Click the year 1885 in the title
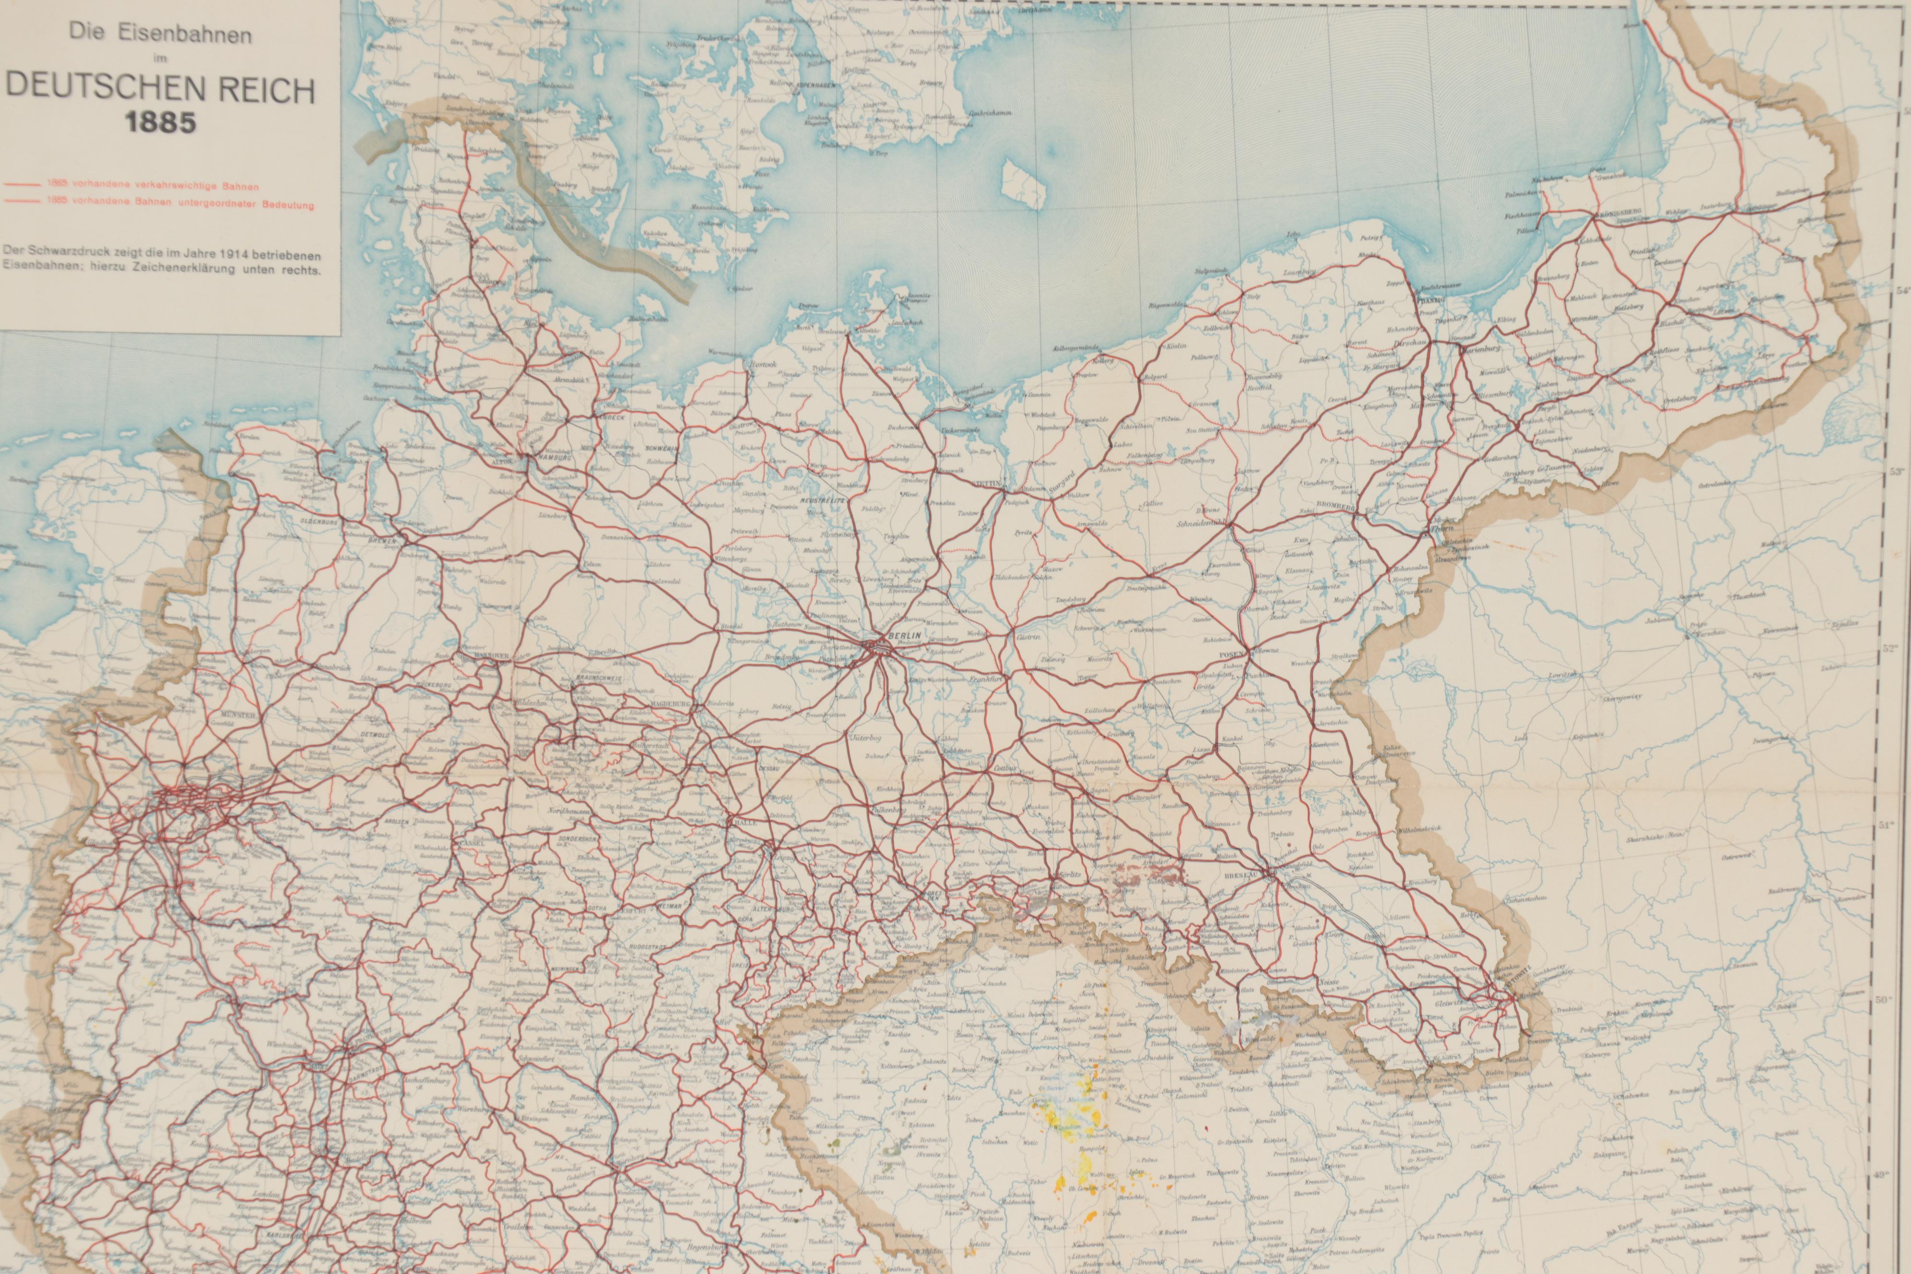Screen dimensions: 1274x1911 tap(161, 123)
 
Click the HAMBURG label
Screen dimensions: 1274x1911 tap(554, 458)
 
